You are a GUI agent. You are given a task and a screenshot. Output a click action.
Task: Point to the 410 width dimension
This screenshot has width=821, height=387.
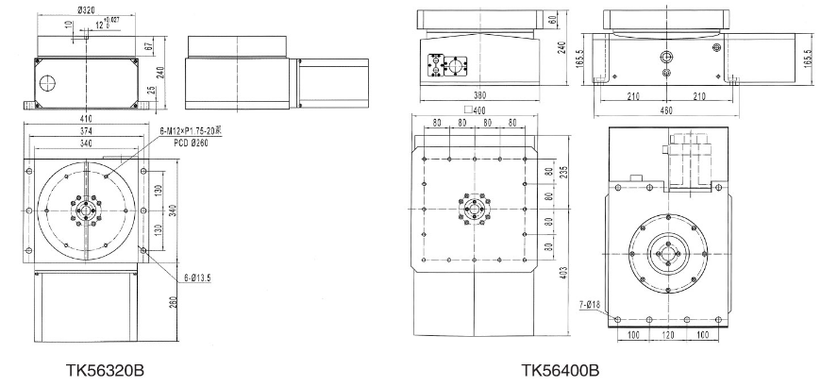(x=86, y=121)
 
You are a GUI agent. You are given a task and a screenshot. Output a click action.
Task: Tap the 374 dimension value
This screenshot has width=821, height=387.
(x=86, y=133)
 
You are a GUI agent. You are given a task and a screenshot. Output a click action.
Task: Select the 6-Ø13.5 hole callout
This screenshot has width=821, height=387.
(x=199, y=278)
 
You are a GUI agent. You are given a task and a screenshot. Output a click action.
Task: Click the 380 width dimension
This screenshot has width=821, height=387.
(x=479, y=95)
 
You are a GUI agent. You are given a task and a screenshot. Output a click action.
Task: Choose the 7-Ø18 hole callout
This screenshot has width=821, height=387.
(x=592, y=304)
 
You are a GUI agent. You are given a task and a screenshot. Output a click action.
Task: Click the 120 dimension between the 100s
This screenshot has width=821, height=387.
(x=667, y=336)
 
